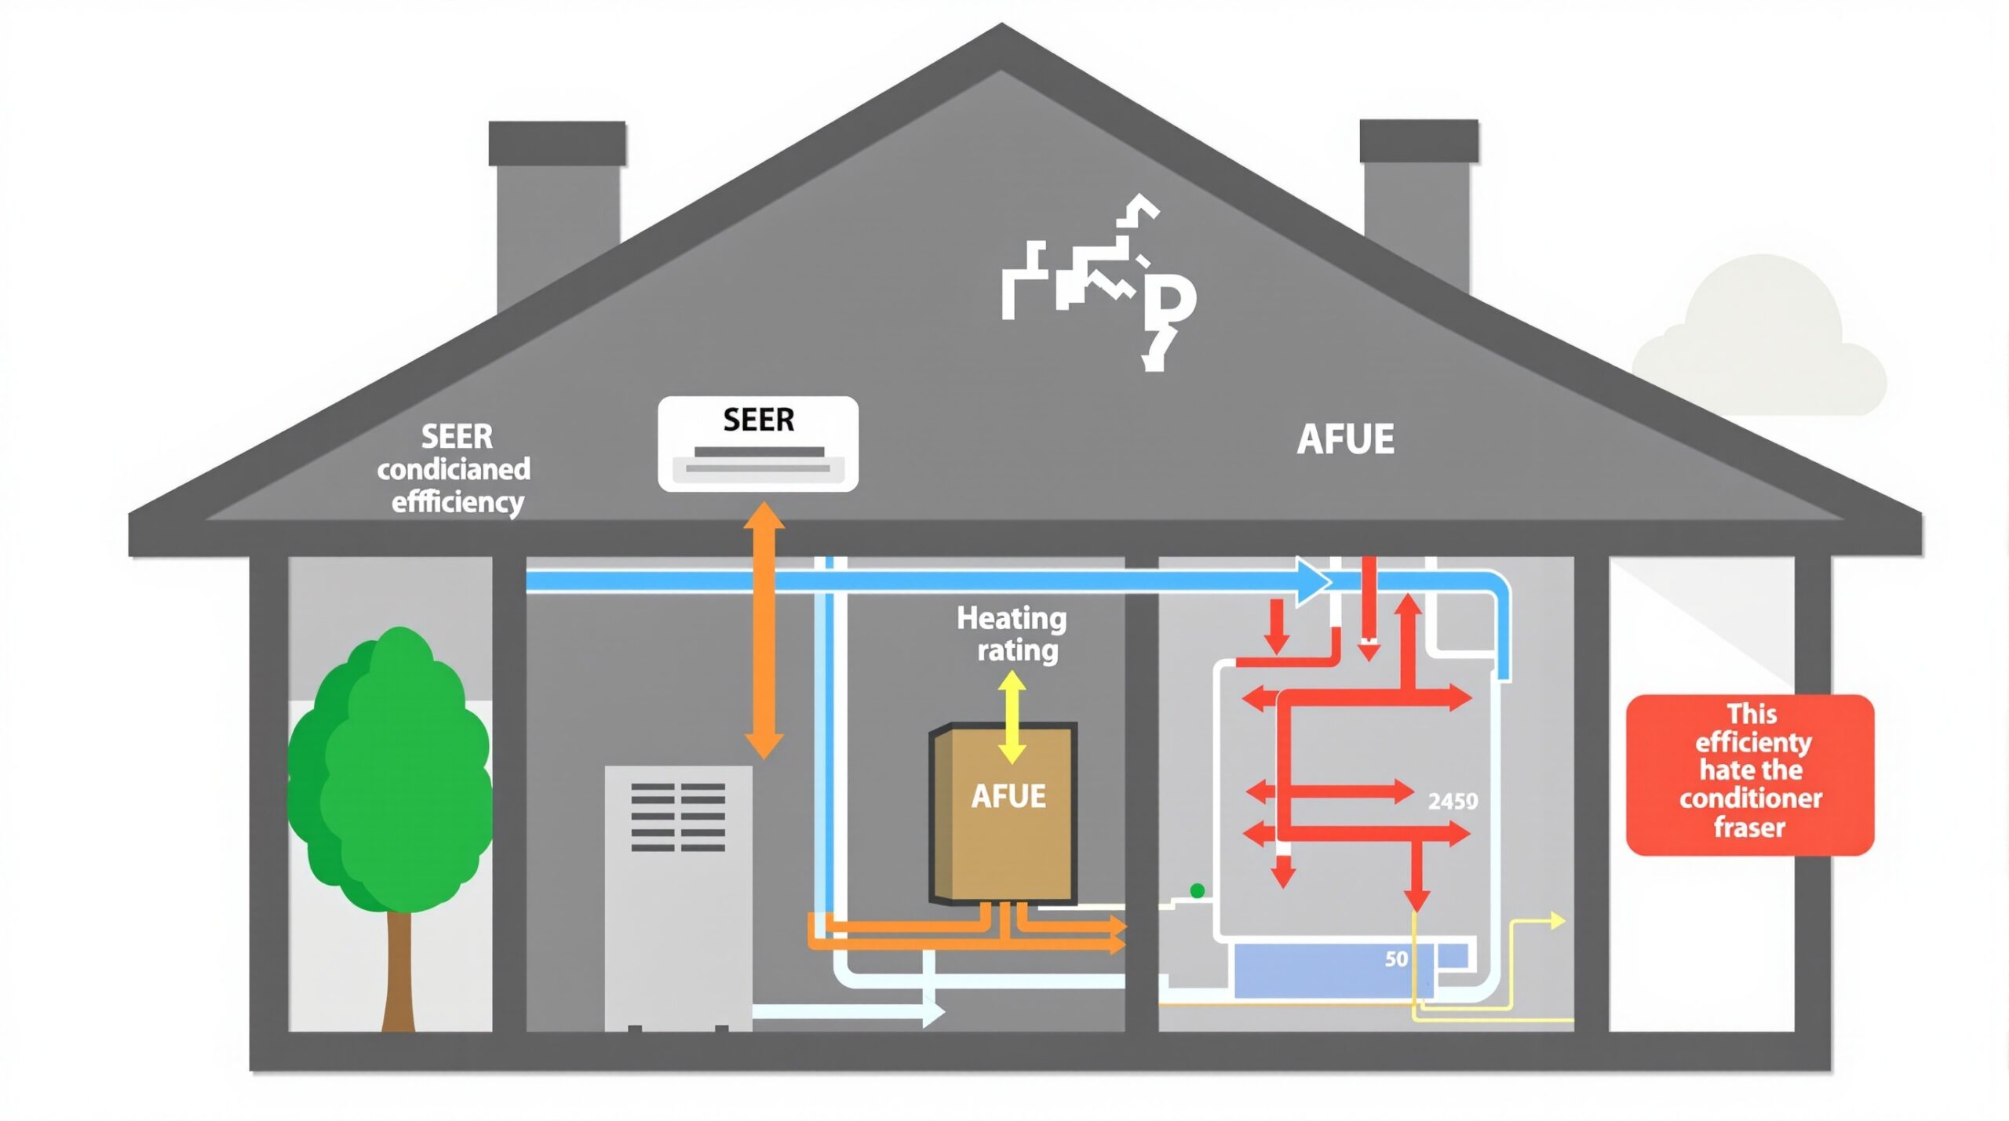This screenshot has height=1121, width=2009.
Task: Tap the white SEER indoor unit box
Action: tap(757, 444)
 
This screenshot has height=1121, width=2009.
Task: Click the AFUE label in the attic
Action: tap(1345, 439)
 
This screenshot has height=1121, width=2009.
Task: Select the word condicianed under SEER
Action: tap(454, 469)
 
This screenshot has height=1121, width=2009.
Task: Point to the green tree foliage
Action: tap(391, 777)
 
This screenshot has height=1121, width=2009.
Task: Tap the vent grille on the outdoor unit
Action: tap(678, 817)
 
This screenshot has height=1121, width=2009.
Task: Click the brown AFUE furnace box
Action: tap(1003, 816)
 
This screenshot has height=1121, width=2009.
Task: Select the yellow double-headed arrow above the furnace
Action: tap(1012, 718)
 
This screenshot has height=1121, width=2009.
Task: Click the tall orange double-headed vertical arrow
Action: tap(764, 631)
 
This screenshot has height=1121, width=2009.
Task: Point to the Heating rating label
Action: tap(1012, 634)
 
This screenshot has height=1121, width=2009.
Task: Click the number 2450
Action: tap(1453, 801)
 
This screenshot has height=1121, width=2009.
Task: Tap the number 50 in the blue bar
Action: tap(1396, 959)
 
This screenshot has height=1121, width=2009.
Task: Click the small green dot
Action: tap(1197, 890)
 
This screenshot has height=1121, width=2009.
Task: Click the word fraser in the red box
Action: tap(1749, 827)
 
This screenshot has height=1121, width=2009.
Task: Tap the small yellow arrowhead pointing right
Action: tap(1557, 921)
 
